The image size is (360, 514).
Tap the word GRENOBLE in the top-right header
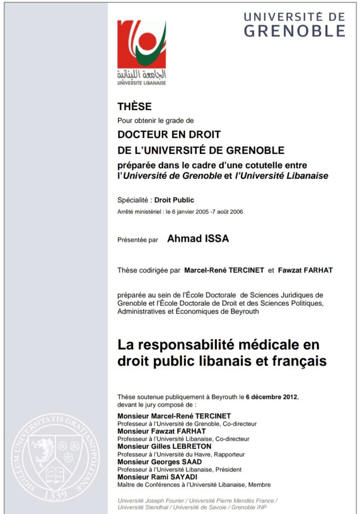tap(295, 31)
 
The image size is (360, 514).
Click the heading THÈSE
tap(134, 106)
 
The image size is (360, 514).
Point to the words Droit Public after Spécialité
tap(174, 200)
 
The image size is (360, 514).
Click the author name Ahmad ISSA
tap(198, 239)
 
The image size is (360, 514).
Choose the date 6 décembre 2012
tap(272, 397)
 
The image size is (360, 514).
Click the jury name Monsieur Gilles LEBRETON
tap(164, 446)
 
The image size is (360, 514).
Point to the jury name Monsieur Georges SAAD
tap(161, 462)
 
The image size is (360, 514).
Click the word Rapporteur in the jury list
tap(229, 454)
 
